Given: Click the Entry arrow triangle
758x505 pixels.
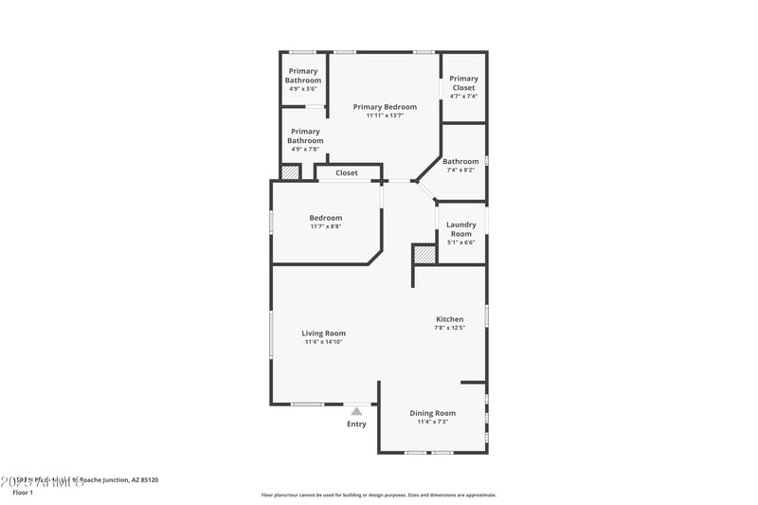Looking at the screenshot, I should (x=356, y=411).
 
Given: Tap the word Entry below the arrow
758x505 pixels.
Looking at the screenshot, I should (x=356, y=424).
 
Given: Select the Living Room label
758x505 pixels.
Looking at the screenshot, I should (x=323, y=334).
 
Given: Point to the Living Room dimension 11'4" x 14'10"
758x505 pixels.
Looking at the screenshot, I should (x=323, y=342).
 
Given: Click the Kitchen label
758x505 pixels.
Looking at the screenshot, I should (x=449, y=319).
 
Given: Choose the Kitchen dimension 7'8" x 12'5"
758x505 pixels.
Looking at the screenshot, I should (x=449, y=328).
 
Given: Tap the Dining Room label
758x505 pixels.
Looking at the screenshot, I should (x=432, y=413).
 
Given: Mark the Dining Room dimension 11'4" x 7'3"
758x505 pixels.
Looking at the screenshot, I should (x=432, y=422).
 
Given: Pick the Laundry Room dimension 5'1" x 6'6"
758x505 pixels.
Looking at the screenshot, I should (x=461, y=243).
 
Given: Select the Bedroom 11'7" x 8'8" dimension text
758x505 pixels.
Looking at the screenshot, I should (x=326, y=226).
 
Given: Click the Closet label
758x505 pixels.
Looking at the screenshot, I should (x=347, y=173).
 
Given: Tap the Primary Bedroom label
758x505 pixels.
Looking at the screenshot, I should (x=385, y=107).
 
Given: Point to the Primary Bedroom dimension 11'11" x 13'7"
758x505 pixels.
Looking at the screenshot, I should (x=385, y=116).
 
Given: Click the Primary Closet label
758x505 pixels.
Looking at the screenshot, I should (x=463, y=83).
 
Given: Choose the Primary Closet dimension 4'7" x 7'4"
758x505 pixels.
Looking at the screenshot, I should (x=463, y=96).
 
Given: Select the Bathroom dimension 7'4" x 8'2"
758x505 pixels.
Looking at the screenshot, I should (x=461, y=171).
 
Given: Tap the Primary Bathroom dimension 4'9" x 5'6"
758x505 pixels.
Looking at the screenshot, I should (x=303, y=89).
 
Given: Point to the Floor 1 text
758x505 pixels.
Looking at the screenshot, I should (x=22, y=493).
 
